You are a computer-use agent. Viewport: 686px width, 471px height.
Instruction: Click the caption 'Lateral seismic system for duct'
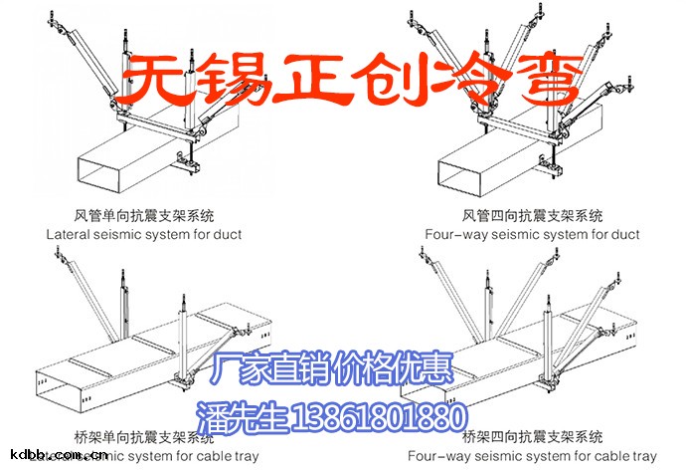[144, 235]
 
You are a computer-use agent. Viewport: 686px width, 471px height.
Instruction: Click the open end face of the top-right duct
[465, 171]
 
